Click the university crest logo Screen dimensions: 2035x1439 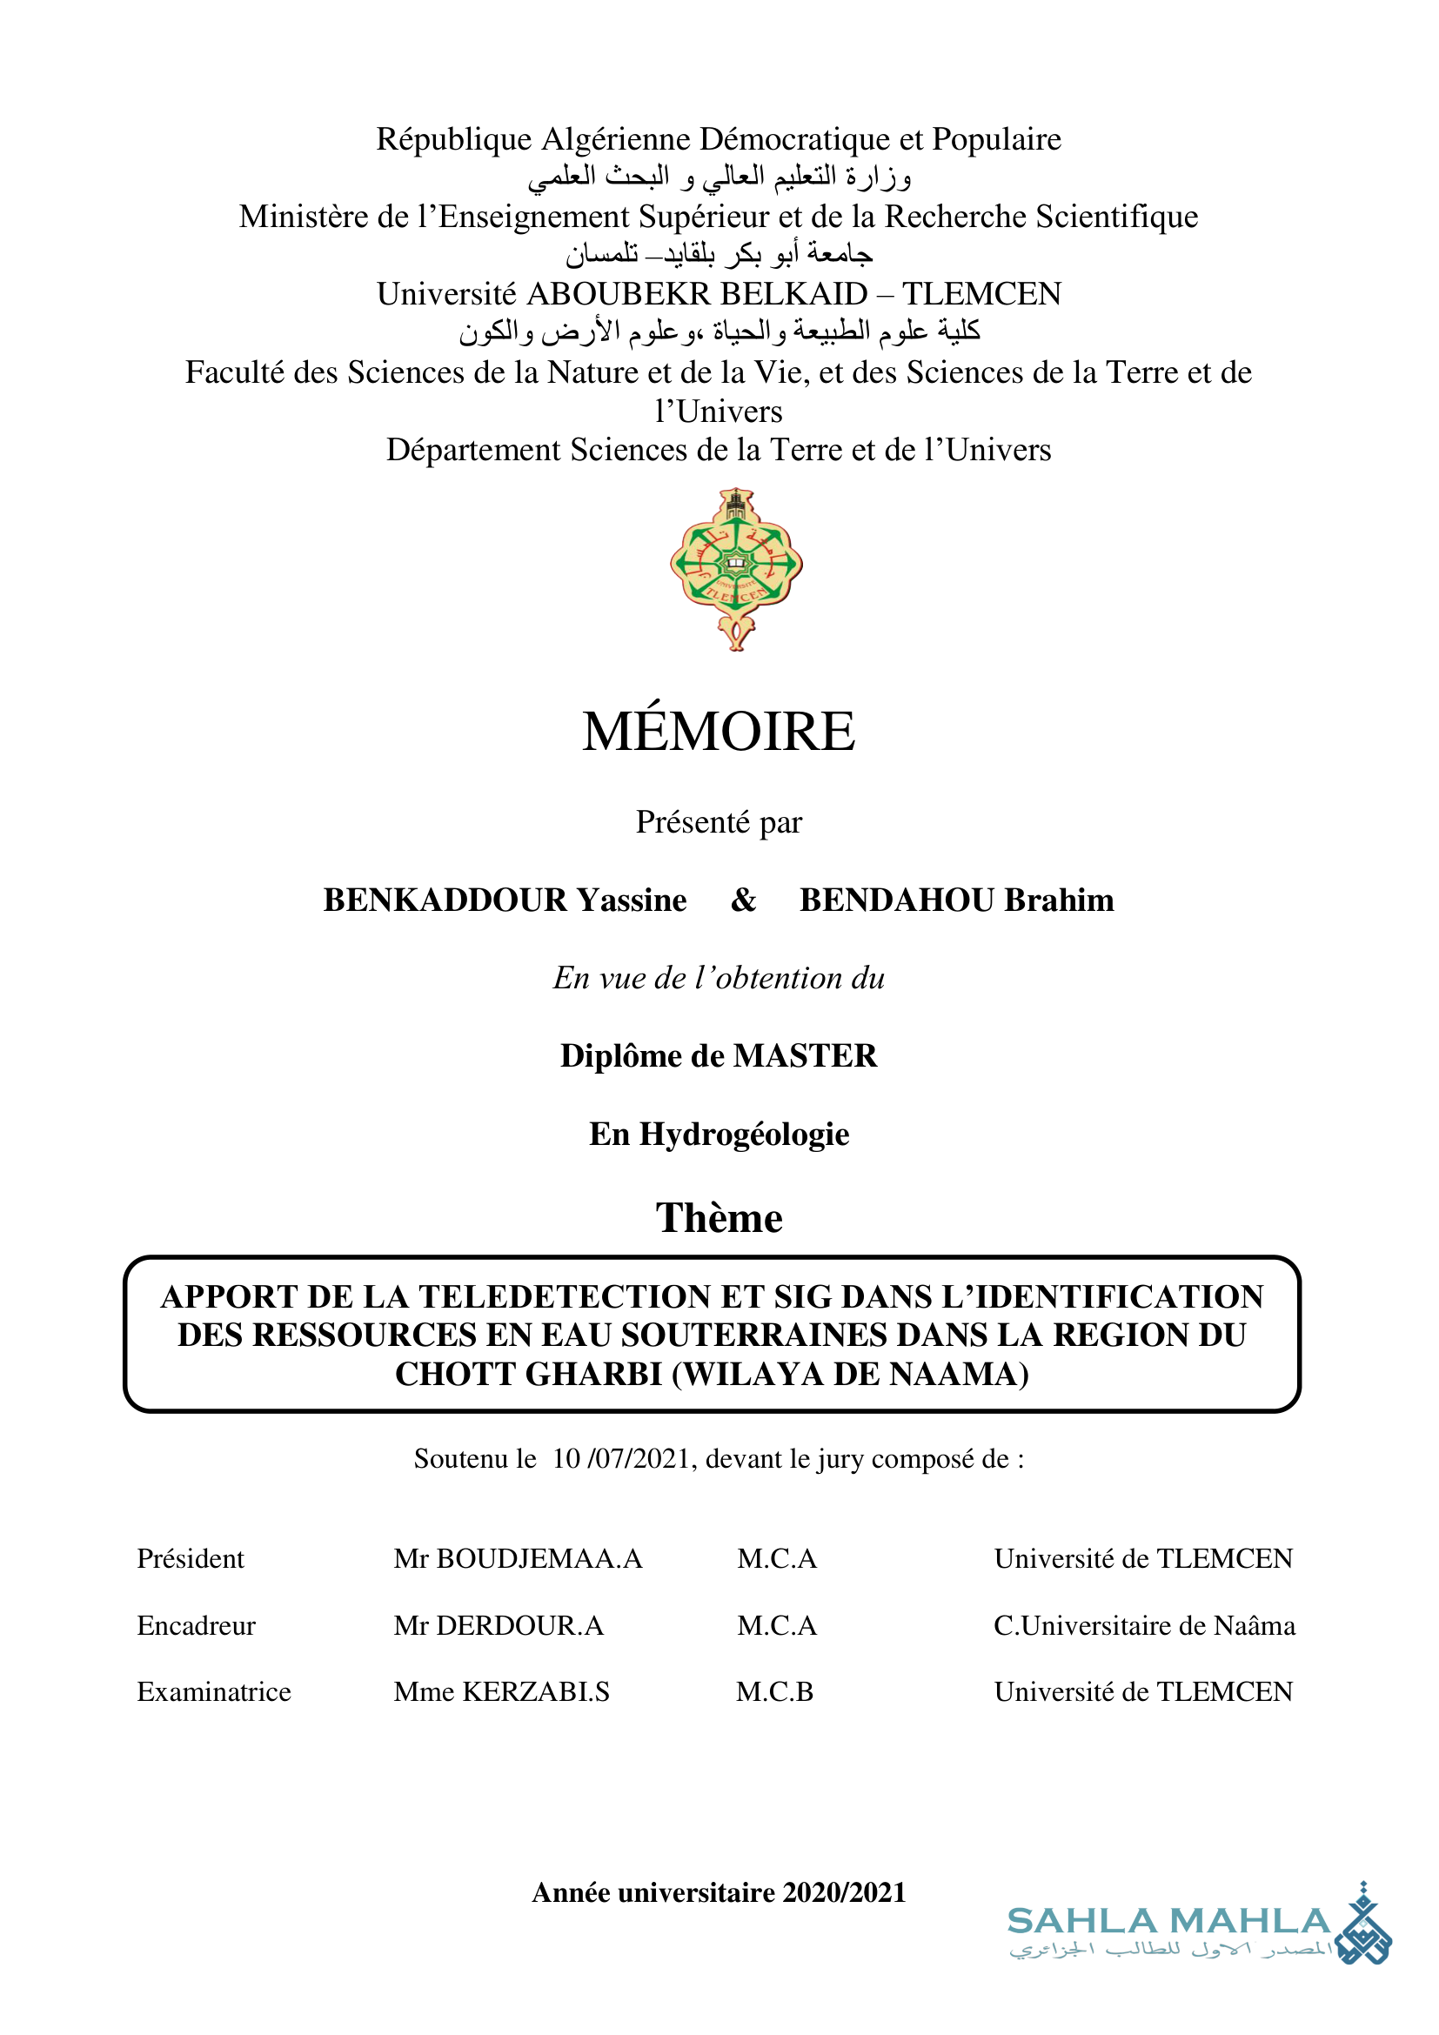(x=736, y=568)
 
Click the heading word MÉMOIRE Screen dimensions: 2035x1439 (x=719, y=731)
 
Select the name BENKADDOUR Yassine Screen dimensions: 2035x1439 (x=505, y=900)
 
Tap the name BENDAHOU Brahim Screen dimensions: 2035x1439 (x=956, y=900)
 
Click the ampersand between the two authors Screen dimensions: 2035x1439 (x=743, y=900)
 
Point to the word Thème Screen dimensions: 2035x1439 (x=719, y=1218)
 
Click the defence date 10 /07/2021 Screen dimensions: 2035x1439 (x=619, y=1459)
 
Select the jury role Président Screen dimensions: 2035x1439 (x=191, y=1558)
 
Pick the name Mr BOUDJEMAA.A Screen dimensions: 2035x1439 (x=518, y=1558)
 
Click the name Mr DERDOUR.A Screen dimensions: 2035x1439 (x=498, y=1625)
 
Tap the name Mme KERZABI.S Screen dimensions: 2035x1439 (x=501, y=1691)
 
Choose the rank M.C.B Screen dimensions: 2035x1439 (x=774, y=1691)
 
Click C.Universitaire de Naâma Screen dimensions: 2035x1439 (x=1144, y=1625)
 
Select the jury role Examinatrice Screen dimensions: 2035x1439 (x=213, y=1691)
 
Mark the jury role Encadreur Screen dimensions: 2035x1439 (x=196, y=1625)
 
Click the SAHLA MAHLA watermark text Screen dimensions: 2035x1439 (x=1168, y=1921)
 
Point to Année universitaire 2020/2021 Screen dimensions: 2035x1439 (x=719, y=1892)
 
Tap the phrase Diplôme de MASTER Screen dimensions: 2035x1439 (x=719, y=1055)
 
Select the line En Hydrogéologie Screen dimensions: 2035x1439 (x=719, y=1134)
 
